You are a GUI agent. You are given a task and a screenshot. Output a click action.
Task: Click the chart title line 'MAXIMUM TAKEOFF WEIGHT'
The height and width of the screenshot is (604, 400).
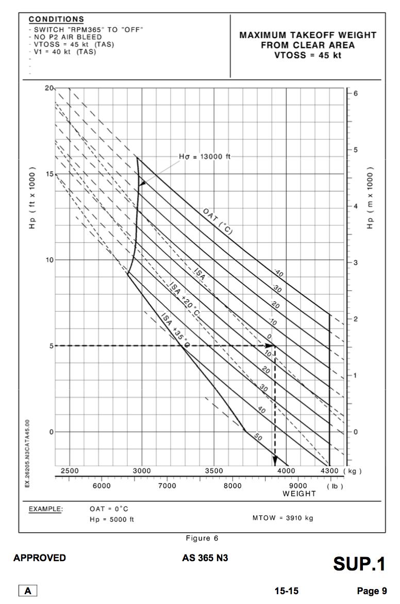(308, 35)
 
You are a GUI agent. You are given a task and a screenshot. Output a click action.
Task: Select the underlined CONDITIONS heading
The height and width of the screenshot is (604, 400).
(56, 19)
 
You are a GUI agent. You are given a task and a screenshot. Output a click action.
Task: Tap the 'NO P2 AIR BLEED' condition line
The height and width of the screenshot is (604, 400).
(67, 37)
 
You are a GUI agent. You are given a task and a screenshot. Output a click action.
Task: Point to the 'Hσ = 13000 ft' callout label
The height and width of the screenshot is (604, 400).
(205, 157)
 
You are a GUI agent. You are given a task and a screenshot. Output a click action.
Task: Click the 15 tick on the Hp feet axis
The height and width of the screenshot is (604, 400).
(50, 174)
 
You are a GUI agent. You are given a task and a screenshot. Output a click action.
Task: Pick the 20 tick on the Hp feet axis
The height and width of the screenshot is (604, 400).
(49, 88)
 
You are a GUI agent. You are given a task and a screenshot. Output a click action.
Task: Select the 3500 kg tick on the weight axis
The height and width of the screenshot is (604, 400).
(214, 471)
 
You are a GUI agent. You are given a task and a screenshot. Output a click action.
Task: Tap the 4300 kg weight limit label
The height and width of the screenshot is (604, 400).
(327, 471)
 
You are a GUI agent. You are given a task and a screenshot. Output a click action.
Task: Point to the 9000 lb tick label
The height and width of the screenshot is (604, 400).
(298, 486)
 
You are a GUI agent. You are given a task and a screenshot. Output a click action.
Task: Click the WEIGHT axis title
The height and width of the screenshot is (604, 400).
(299, 494)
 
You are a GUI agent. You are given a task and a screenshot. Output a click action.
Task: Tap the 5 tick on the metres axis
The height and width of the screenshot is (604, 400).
(355, 150)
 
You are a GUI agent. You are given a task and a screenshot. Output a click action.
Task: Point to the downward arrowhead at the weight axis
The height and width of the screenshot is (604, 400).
(275, 461)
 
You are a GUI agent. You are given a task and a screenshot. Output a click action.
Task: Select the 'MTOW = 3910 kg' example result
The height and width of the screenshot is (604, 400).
(282, 518)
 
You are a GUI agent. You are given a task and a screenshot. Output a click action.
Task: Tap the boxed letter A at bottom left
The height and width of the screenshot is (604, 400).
(28, 591)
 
